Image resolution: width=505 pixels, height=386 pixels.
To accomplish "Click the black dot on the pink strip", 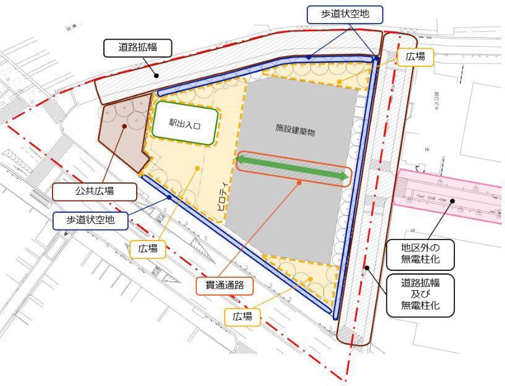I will (x=454, y=200).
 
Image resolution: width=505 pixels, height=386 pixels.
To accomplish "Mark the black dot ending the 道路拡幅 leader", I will (x=157, y=76).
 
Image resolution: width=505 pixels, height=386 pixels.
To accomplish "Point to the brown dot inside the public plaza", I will (x=125, y=127).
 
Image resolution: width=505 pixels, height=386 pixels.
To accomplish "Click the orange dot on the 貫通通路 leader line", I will (x=298, y=182).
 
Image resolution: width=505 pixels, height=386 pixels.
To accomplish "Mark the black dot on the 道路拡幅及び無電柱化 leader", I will (x=366, y=267).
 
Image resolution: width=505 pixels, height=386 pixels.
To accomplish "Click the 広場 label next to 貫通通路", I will (x=243, y=315).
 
